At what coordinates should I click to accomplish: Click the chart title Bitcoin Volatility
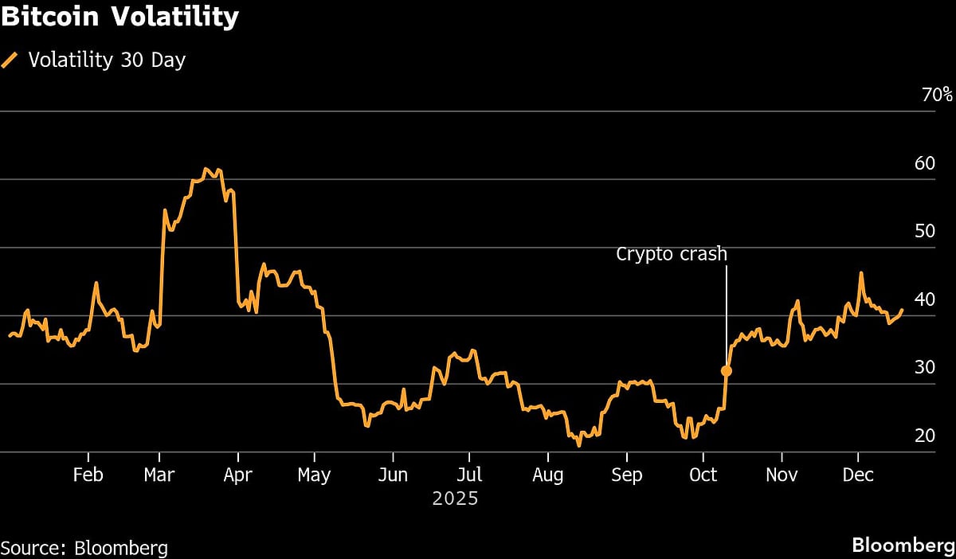point(119,17)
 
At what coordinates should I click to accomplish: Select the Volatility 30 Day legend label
point(107,60)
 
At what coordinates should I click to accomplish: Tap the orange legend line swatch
point(10,61)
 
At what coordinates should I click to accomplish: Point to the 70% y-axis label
point(936,95)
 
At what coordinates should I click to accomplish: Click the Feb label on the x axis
point(88,475)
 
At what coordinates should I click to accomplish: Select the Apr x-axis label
point(237,475)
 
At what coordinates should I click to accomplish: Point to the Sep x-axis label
point(626,475)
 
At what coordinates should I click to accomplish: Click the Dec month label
point(858,475)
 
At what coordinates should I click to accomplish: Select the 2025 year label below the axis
point(455,499)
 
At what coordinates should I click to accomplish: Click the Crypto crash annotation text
point(672,254)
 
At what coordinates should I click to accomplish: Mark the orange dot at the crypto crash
point(726,370)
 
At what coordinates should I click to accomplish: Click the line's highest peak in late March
point(206,169)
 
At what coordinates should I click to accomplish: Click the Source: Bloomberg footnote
point(84,548)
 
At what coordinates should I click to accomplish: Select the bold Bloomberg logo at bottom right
point(903,545)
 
